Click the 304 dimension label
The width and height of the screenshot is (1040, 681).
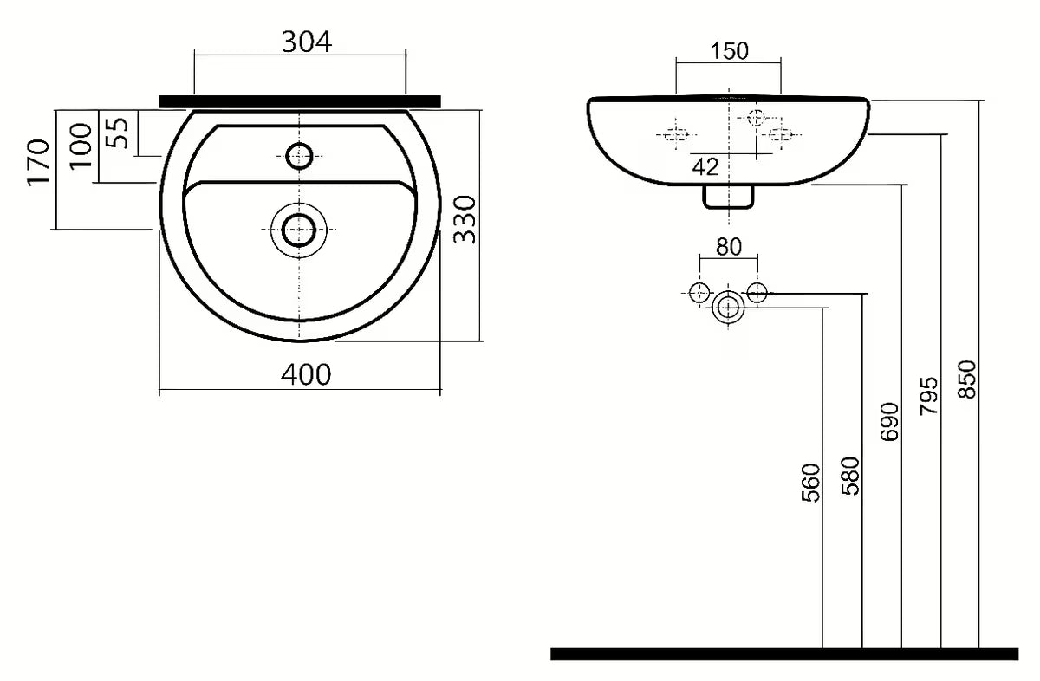[x=307, y=41]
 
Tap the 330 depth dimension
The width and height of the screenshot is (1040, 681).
[x=465, y=219]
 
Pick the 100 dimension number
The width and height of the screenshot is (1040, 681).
[x=80, y=146]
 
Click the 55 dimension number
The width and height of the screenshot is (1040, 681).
[x=119, y=132]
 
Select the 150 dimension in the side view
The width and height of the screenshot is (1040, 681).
[x=729, y=51]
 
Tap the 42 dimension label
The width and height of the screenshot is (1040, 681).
[x=705, y=166]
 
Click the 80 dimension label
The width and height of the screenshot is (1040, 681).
[x=729, y=246]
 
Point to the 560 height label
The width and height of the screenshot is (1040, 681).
[x=809, y=483]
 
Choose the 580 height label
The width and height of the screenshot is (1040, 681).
[x=851, y=475]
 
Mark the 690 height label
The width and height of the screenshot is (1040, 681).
[x=890, y=422]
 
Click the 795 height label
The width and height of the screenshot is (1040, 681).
[x=929, y=395]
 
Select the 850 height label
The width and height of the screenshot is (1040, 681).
[x=968, y=379]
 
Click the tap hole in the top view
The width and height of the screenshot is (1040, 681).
[x=300, y=156]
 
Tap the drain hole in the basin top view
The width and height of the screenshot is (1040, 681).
[x=299, y=230]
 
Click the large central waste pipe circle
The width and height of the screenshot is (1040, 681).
[x=728, y=307]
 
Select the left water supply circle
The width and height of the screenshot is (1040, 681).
[x=699, y=292]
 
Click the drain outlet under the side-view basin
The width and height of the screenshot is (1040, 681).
[x=728, y=198]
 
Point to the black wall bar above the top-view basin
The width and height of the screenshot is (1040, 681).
[x=300, y=101]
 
